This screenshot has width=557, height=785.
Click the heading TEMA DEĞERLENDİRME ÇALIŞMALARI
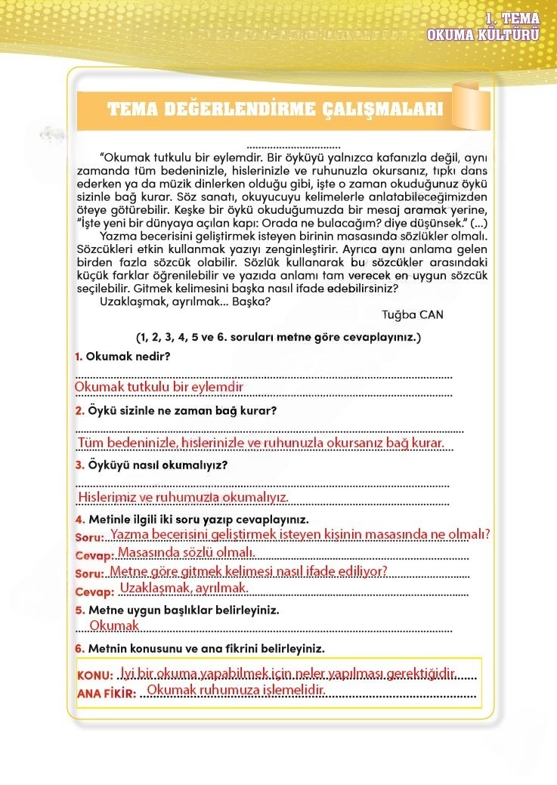[275, 109]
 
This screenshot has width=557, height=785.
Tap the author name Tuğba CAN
[413, 315]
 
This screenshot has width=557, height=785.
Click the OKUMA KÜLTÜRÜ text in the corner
[483, 34]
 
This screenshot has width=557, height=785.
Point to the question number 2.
[79, 411]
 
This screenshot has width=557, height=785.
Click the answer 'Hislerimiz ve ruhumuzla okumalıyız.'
[184, 497]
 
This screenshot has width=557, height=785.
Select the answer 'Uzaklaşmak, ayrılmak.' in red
[184, 588]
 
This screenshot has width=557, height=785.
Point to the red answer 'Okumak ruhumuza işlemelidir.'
[236, 691]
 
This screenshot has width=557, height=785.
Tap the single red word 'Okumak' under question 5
[114, 626]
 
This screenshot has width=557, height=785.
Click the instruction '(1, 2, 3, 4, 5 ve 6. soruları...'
[278, 336]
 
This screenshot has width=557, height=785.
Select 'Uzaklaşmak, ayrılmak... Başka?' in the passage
[184, 301]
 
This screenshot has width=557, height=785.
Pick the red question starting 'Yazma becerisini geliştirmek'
[300, 534]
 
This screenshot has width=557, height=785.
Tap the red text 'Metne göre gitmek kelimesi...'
[249, 570]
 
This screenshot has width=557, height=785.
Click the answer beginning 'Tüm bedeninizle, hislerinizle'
[261, 443]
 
